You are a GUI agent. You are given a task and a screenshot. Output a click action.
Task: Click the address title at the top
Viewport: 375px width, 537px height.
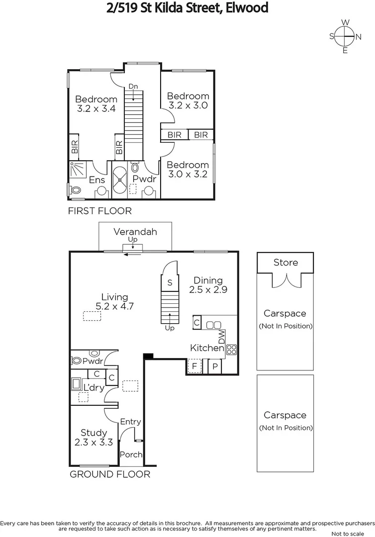187,8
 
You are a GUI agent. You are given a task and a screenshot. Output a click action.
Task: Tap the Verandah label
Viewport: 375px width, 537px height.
135,232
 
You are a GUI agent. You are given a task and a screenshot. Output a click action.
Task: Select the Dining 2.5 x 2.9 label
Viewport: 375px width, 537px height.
208,285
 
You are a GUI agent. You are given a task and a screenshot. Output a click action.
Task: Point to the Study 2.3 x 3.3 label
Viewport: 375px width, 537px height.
94,437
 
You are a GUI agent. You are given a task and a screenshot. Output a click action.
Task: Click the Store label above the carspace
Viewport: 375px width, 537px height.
285,263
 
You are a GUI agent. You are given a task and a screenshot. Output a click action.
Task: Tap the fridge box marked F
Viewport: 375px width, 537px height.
194,367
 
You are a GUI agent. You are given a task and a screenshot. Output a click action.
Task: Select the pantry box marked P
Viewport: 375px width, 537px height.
215,367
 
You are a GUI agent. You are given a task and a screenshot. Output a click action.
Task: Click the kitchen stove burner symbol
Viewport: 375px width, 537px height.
231,349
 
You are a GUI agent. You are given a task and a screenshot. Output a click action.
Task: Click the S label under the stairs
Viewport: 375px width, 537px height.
170,282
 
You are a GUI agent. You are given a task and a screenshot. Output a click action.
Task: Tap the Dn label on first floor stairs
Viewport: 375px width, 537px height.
133,87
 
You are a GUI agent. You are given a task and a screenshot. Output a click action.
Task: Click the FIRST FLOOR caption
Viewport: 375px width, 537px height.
99,211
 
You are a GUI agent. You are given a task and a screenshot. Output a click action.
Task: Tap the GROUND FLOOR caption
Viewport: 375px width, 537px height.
109,474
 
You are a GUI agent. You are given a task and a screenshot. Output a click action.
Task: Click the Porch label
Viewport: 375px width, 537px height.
131,454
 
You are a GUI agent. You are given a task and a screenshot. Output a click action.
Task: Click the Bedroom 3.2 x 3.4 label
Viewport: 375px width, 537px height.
96,104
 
